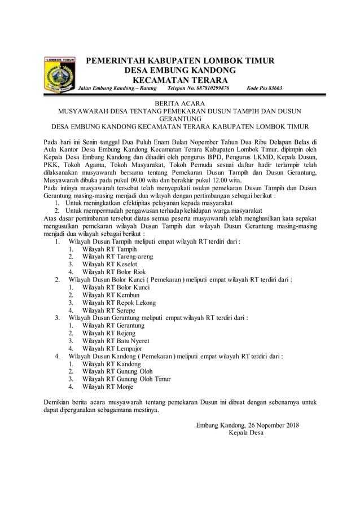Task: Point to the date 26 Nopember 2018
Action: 270,425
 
